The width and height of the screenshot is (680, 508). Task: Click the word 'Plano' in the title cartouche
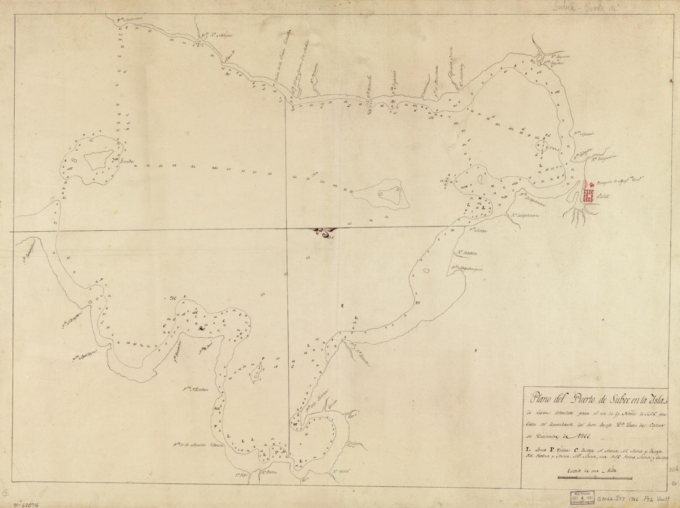(540, 396)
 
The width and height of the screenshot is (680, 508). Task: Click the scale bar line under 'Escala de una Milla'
(593, 478)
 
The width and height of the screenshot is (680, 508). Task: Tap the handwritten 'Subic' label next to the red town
(602, 197)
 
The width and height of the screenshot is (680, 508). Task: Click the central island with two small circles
(386, 194)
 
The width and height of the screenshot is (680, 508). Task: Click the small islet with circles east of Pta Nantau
(257, 372)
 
